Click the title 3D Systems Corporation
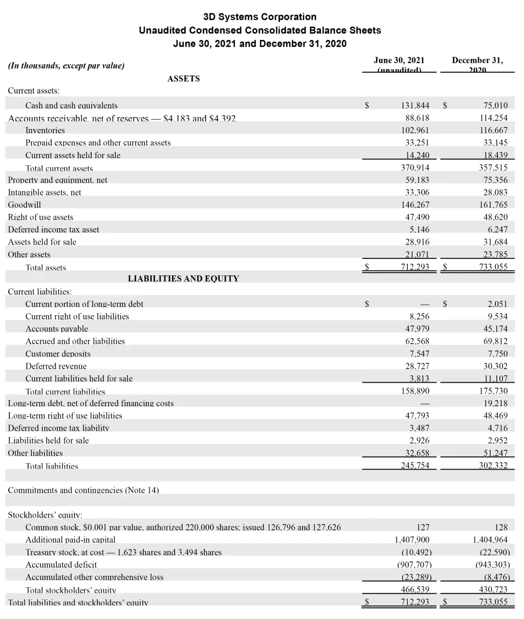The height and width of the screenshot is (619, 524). (260, 17)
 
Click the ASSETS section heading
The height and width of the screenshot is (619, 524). (183, 79)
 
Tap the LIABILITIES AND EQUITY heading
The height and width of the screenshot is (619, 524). (183, 279)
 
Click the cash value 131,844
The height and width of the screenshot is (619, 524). (415, 106)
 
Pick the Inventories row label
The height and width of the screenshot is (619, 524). (45, 130)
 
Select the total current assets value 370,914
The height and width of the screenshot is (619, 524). (415, 168)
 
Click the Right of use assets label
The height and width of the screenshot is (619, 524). (40, 217)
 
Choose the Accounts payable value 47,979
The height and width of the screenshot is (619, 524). (417, 329)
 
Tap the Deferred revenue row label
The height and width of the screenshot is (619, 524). (56, 366)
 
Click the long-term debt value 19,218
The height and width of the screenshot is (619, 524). (495, 403)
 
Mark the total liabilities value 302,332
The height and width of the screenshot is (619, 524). (493, 466)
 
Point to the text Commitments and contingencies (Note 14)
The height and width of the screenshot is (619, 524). (83, 490)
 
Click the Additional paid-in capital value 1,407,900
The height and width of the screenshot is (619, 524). (412, 540)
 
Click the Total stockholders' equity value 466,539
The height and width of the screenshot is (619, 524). (415, 590)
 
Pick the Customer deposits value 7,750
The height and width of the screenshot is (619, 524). (498, 354)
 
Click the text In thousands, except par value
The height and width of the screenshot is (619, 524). (66, 65)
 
